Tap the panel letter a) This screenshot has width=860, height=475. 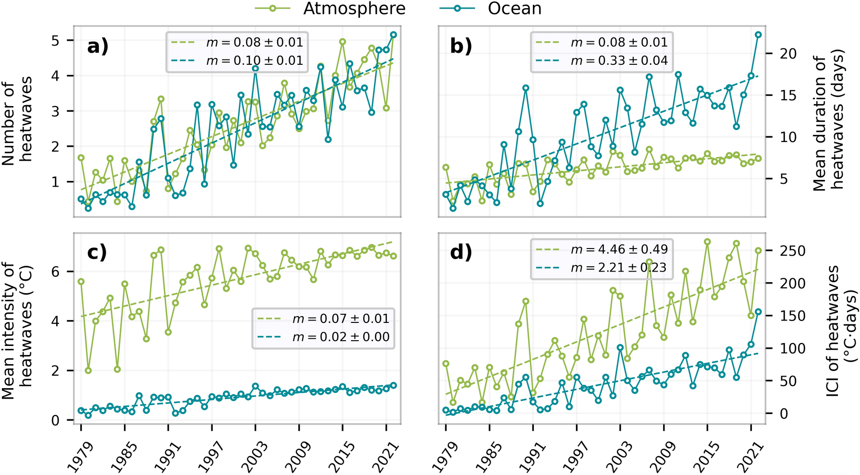pyautogui.click(x=98, y=47)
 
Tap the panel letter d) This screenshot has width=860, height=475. pyautogui.click(x=461, y=252)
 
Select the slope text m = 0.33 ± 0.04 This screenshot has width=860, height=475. pyautogui.click(x=619, y=61)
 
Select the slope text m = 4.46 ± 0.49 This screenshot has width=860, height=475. pyautogui.click(x=619, y=249)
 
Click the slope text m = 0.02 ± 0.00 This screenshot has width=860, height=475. pyautogui.click(x=341, y=337)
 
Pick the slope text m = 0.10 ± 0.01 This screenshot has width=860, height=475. pyautogui.click(x=255, y=61)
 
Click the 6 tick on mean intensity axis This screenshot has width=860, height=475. pyautogui.click(x=56, y=272)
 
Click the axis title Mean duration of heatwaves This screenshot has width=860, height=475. pyautogui.click(x=828, y=120)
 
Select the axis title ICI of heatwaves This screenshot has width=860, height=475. pyautogui.click(x=841, y=331)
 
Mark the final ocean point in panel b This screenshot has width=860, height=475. pyautogui.click(x=759, y=35)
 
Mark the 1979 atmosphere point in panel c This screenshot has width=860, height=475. pyautogui.click(x=81, y=282)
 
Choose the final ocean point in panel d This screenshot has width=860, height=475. pyautogui.click(x=759, y=312)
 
